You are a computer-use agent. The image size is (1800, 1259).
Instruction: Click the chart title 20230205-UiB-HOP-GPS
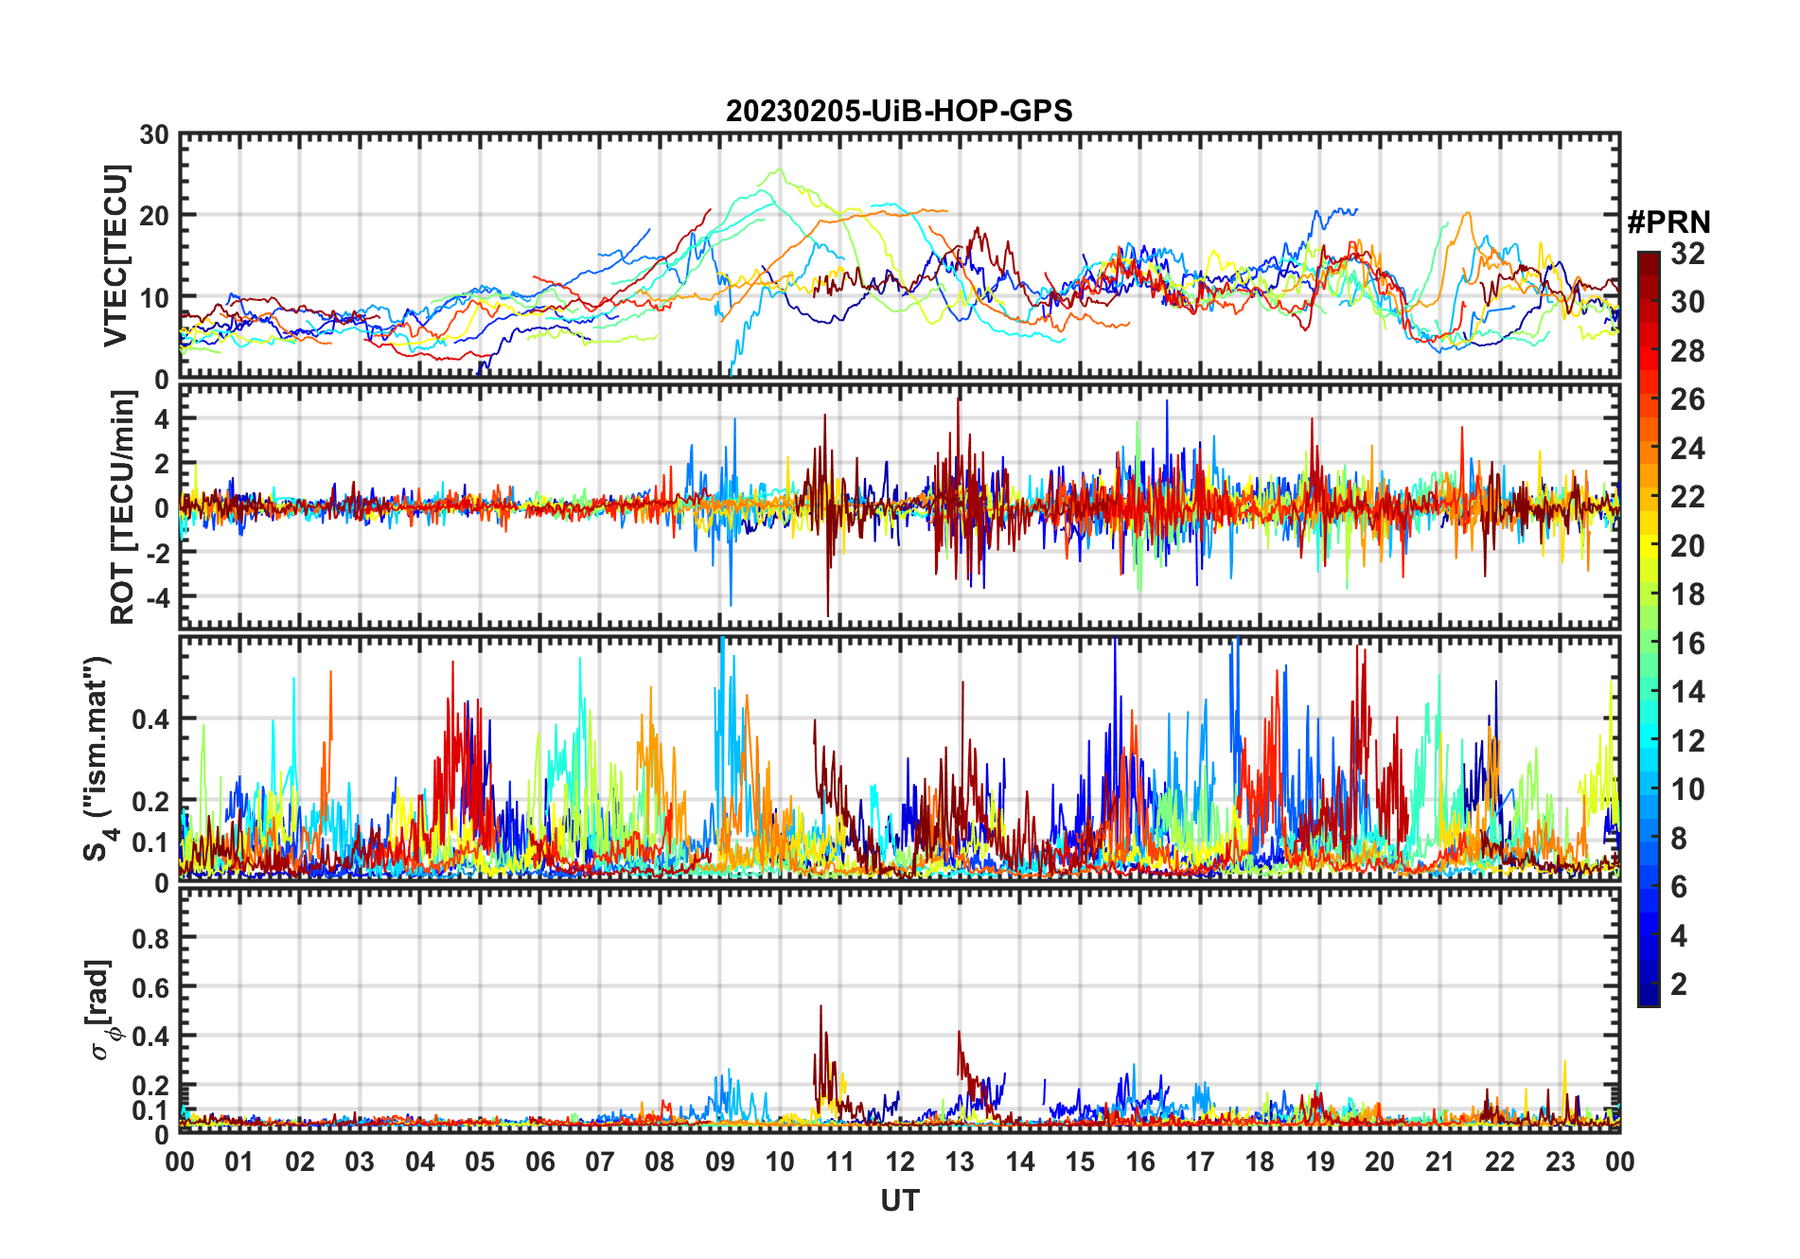pyautogui.click(x=899, y=112)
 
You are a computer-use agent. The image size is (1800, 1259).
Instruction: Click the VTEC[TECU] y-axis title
pyautogui.click(x=115, y=256)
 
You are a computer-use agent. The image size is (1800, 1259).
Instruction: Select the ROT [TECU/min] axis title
pyautogui.click(x=122, y=507)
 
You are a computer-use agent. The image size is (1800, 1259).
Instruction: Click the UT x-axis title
pyautogui.click(x=899, y=1200)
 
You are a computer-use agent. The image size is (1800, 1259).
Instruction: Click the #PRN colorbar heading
pyautogui.click(x=1668, y=222)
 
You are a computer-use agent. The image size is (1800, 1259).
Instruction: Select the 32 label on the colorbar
pyautogui.click(x=1687, y=254)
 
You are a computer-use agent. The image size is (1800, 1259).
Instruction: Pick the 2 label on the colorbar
pyautogui.click(x=1679, y=984)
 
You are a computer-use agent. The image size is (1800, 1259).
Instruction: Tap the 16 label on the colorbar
pyautogui.click(x=1687, y=644)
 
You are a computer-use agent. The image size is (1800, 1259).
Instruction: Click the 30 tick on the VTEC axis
pyautogui.click(x=154, y=135)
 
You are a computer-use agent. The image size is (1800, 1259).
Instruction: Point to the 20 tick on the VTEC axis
pyautogui.click(x=154, y=216)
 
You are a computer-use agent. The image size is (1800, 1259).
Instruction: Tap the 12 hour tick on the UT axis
pyautogui.click(x=900, y=1161)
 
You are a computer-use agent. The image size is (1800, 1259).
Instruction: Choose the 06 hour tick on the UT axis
pyautogui.click(x=540, y=1161)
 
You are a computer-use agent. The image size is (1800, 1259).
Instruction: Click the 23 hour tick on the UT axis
pyautogui.click(x=1560, y=1161)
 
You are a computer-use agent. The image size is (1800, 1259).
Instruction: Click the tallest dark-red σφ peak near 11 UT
pyautogui.click(x=821, y=1006)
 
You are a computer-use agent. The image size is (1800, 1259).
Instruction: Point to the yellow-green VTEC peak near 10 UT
pyautogui.click(x=779, y=170)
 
